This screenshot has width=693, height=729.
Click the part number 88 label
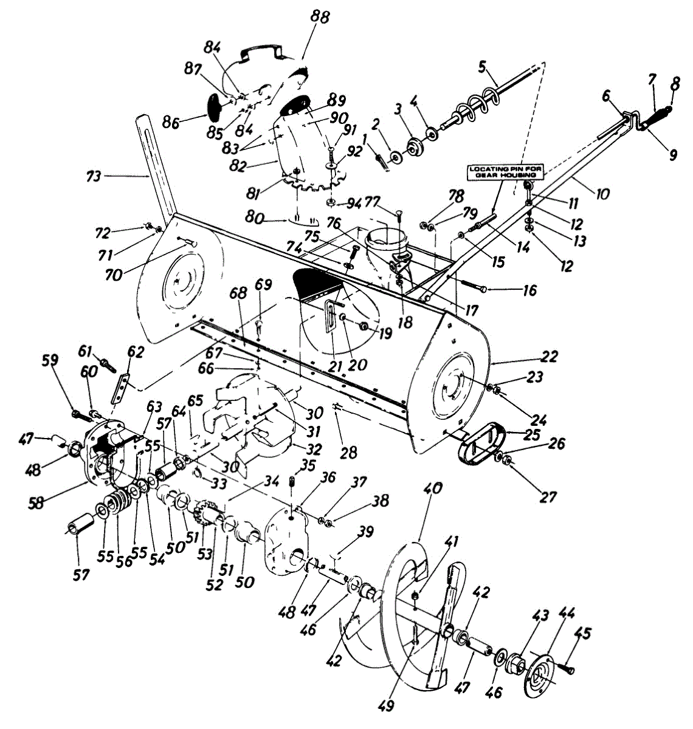pos(319,16)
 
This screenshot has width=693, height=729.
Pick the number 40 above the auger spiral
pos(435,488)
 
